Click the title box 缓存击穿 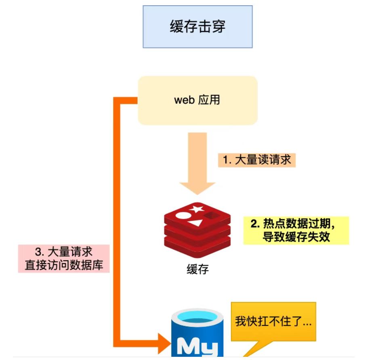point(198,27)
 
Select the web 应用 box point(198,100)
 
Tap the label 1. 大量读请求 point(257,159)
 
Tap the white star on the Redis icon point(197,209)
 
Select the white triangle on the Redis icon point(195,222)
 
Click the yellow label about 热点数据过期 point(296,230)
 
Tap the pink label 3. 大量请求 point(64,252)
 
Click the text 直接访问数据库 point(64,266)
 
